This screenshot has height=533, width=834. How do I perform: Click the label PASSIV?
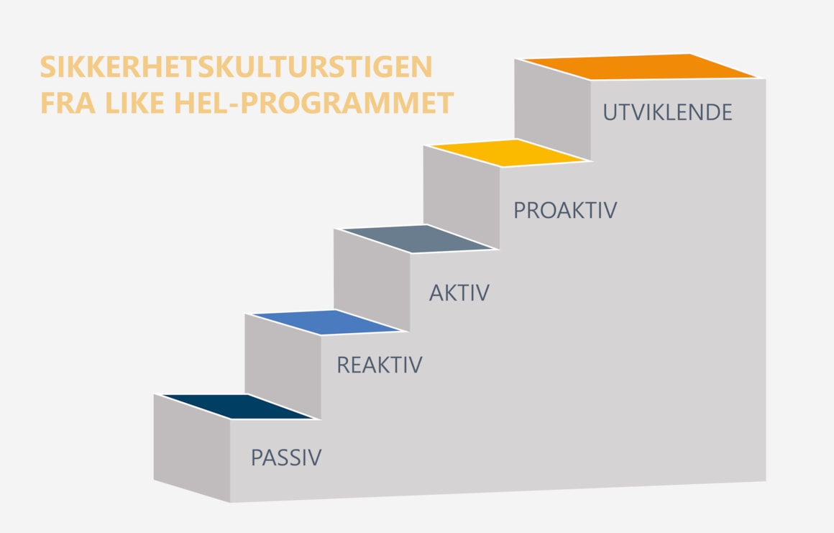[286, 457]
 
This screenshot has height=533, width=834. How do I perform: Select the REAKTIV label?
[380, 365]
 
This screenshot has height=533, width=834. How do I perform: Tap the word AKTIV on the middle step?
[459, 293]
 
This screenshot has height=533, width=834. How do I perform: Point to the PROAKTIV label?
[565, 210]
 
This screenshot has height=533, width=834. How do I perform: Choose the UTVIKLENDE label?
[667, 112]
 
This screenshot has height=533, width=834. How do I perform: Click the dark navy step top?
[238, 407]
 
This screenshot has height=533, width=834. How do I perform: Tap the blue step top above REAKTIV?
[327, 322]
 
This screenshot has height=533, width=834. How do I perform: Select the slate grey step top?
[418, 238]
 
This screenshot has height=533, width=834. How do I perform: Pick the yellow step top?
[508, 152]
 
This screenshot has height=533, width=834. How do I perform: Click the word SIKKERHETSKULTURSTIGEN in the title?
[236, 67]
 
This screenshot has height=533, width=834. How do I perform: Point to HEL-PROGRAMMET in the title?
[313, 103]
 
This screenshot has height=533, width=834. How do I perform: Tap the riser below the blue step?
[283, 366]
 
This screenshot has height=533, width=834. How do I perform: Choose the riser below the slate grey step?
[372, 280]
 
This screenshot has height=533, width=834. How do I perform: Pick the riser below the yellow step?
[462, 197]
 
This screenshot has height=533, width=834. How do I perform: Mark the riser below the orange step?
[553, 109]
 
